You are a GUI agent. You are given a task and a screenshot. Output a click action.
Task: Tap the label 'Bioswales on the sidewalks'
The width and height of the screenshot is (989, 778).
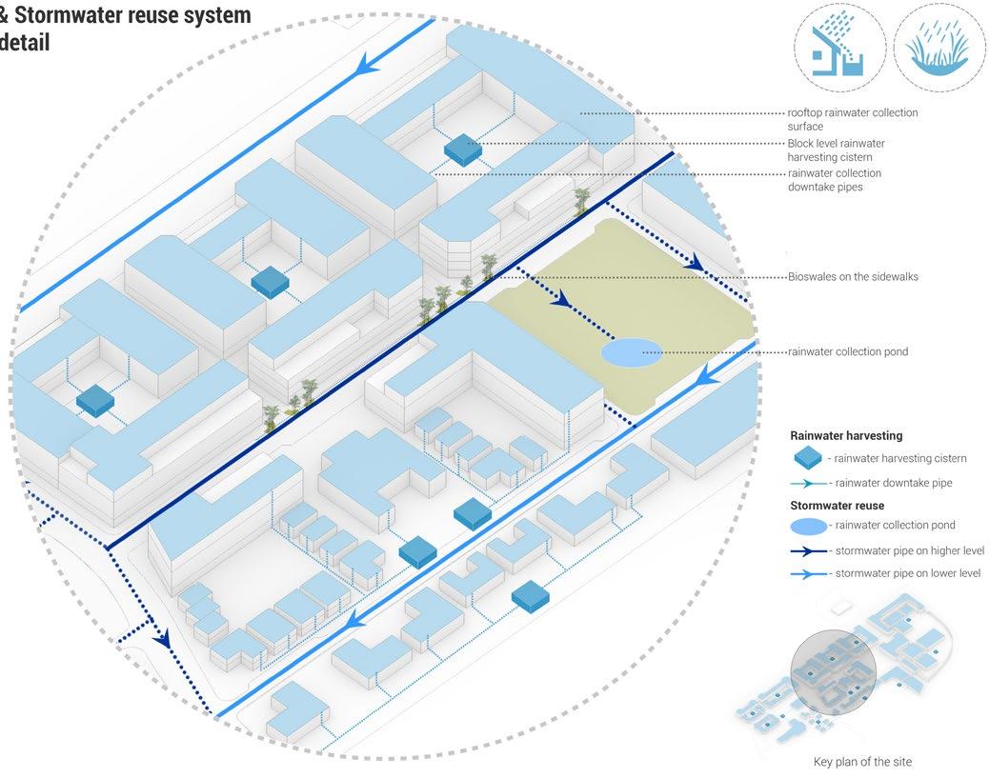tap(853, 277)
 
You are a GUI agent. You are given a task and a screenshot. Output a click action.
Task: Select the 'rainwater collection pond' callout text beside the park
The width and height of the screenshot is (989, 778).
tap(847, 351)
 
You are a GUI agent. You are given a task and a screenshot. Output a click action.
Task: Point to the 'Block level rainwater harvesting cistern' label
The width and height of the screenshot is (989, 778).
tap(842, 150)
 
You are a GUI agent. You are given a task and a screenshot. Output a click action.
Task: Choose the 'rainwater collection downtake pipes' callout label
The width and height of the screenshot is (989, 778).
tap(834, 180)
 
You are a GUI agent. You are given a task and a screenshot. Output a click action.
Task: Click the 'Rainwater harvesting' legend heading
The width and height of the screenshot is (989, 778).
tap(846, 435)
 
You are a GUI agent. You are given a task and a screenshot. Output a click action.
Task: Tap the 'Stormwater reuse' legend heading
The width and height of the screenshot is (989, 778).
tap(837, 506)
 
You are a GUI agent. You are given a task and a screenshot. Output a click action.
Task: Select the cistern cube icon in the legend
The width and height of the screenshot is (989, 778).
tap(808, 458)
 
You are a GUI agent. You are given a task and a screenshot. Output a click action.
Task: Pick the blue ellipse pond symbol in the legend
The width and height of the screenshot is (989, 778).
tap(808, 526)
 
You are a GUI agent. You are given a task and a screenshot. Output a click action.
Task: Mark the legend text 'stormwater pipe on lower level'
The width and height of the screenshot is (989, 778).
tap(907, 573)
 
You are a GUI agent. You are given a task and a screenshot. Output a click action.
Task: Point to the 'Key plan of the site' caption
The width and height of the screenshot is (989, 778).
tap(862, 762)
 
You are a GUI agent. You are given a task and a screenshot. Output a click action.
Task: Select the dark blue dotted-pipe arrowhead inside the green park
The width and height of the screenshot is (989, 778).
tap(561, 300)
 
